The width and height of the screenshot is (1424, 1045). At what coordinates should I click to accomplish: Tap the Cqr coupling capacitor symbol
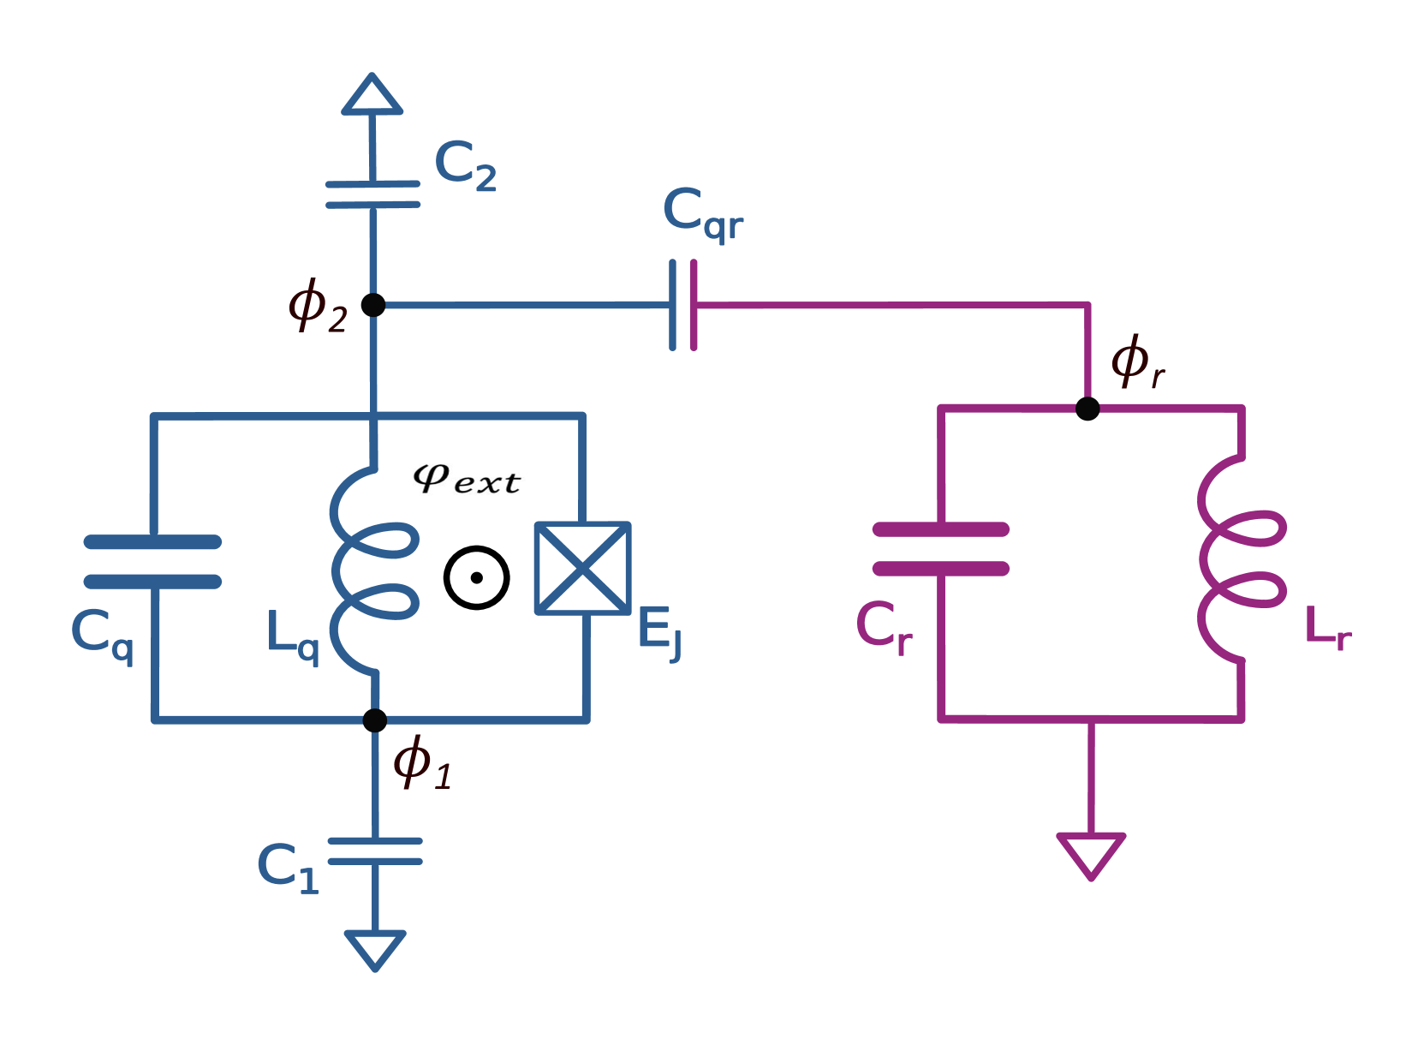click(682, 305)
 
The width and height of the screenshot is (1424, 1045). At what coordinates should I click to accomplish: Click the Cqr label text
click(702, 213)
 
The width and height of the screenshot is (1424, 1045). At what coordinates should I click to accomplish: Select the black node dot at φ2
click(372, 304)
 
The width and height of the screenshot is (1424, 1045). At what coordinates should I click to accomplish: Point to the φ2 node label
click(318, 307)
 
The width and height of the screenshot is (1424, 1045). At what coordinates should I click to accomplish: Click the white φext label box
click(465, 480)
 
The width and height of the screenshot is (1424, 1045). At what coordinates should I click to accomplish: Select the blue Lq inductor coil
click(373, 570)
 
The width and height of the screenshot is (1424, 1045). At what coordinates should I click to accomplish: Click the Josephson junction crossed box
click(583, 568)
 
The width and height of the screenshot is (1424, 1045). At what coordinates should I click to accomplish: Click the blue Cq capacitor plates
click(153, 562)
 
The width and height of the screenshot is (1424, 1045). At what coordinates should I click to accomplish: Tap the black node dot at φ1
click(374, 720)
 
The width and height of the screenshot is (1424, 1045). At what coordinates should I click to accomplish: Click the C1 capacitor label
click(288, 868)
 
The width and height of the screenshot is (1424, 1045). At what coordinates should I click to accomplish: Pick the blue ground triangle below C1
click(375, 949)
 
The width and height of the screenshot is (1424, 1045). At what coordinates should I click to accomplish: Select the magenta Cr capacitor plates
click(941, 549)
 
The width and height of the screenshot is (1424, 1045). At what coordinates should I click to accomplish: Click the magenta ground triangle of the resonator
click(1091, 853)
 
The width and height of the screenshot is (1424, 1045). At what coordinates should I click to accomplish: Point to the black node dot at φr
click(1087, 409)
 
